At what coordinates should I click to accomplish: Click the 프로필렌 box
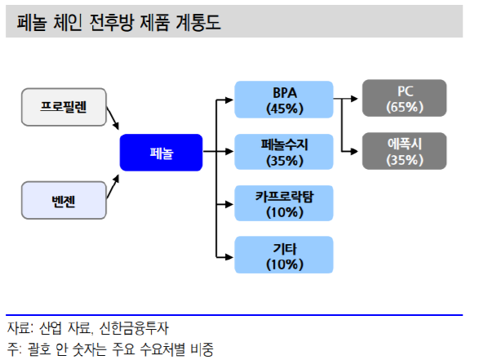[x=64, y=107]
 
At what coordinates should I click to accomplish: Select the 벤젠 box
[x=64, y=200]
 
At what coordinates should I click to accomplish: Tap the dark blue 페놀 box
[x=161, y=153]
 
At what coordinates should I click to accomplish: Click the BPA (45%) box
[x=284, y=100]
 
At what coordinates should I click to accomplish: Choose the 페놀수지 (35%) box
[x=284, y=152]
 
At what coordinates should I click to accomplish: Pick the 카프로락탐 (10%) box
[x=284, y=203]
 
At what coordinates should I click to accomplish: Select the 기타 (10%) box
[x=284, y=255]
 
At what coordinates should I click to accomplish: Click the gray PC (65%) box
[x=405, y=98]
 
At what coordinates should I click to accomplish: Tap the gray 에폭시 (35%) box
[x=405, y=151]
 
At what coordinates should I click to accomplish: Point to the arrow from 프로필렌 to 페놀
[x=113, y=118]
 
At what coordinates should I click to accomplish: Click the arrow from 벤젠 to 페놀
[x=113, y=186]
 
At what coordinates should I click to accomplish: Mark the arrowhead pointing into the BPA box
[x=229, y=100]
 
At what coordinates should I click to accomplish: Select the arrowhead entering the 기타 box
[x=229, y=257]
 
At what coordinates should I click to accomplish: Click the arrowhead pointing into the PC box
[x=354, y=99]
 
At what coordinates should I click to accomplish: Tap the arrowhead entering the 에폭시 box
[x=354, y=151]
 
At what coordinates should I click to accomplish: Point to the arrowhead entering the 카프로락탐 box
[x=229, y=204]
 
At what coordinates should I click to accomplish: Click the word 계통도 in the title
[x=198, y=22]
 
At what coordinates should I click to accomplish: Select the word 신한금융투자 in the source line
[x=134, y=328]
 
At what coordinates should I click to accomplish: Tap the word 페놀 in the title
[x=32, y=22]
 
